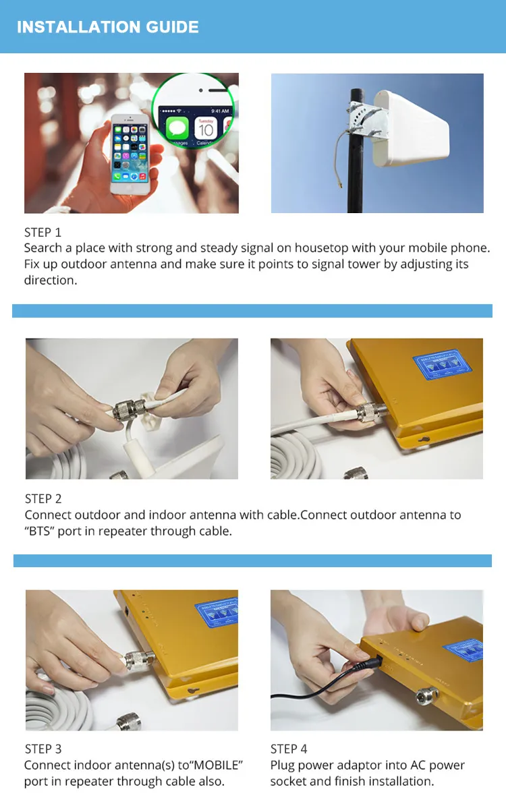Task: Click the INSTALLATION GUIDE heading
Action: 107,27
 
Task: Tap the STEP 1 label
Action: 43,232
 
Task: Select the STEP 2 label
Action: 43,498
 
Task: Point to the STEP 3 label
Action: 43,749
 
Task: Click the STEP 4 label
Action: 289,749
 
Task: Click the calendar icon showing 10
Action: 206,127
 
